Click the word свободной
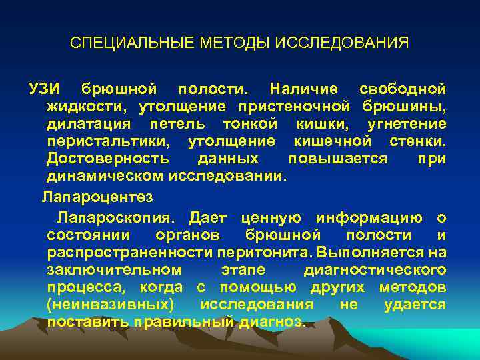coord(403,89)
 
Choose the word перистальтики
coord(108,141)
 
